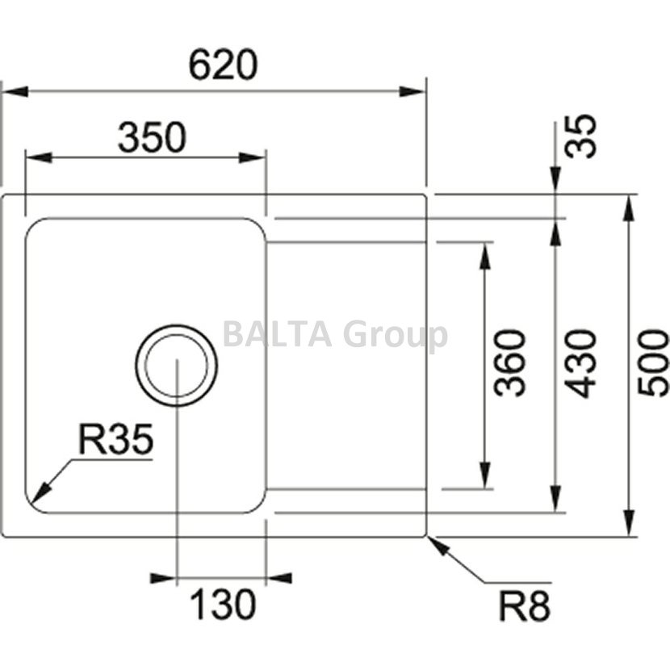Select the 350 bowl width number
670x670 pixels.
point(152,138)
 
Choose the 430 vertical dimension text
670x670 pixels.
point(580,362)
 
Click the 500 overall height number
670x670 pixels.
point(653,362)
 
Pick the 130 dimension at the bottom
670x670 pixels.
point(223,603)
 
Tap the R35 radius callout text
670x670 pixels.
point(115,441)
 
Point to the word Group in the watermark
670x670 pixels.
point(395,336)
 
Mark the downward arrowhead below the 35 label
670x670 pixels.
point(556,184)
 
